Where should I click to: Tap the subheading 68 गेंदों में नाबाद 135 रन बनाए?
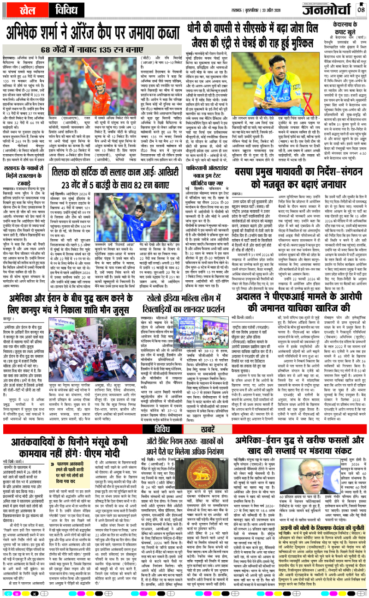pyautogui.click(x=90, y=50)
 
